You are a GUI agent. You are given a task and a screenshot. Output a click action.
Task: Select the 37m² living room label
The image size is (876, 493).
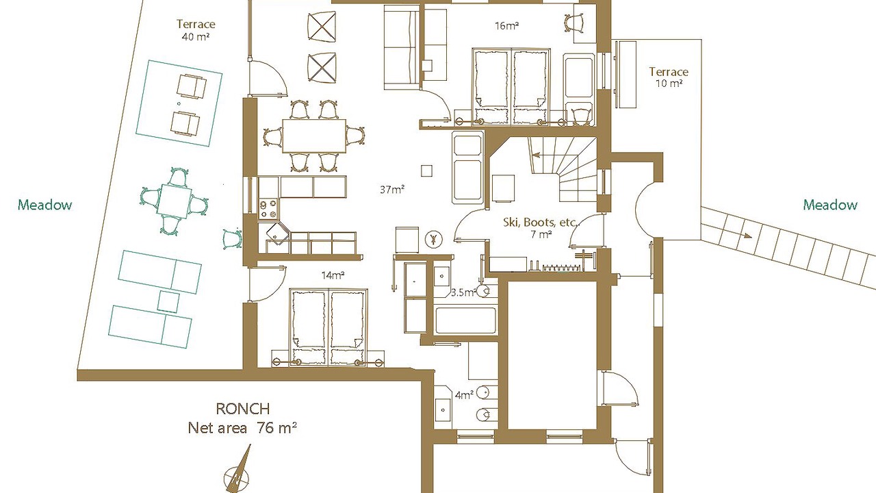[392, 190]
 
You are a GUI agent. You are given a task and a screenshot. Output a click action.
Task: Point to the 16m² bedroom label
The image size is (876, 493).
[507, 26]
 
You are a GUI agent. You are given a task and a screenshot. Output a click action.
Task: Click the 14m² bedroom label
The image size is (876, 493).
[333, 275]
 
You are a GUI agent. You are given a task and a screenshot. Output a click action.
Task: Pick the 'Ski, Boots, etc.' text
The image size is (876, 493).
[541, 223]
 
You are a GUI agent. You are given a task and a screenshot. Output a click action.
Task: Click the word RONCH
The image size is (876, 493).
[243, 409]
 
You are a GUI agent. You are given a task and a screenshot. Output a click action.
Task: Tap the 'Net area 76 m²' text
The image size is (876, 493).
[242, 428]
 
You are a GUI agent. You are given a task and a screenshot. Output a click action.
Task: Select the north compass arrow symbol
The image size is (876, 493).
[238, 470]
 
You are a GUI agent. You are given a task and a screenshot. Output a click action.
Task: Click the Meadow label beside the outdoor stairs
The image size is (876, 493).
[830, 205]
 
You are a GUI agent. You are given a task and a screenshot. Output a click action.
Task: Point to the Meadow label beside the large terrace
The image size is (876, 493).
[45, 205]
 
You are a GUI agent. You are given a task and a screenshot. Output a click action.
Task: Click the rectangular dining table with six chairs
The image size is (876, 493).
[314, 136]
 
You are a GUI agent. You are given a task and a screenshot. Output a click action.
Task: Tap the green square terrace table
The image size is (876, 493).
[175, 202]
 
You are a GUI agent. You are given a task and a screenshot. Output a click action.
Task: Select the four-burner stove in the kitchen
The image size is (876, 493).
[269, 209]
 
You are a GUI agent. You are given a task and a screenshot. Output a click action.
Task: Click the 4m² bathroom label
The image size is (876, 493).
[464, 395]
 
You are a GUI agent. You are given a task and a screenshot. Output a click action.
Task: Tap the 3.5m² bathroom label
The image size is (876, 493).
[464, 292]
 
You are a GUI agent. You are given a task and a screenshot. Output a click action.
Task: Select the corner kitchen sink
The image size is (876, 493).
[278, 233]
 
